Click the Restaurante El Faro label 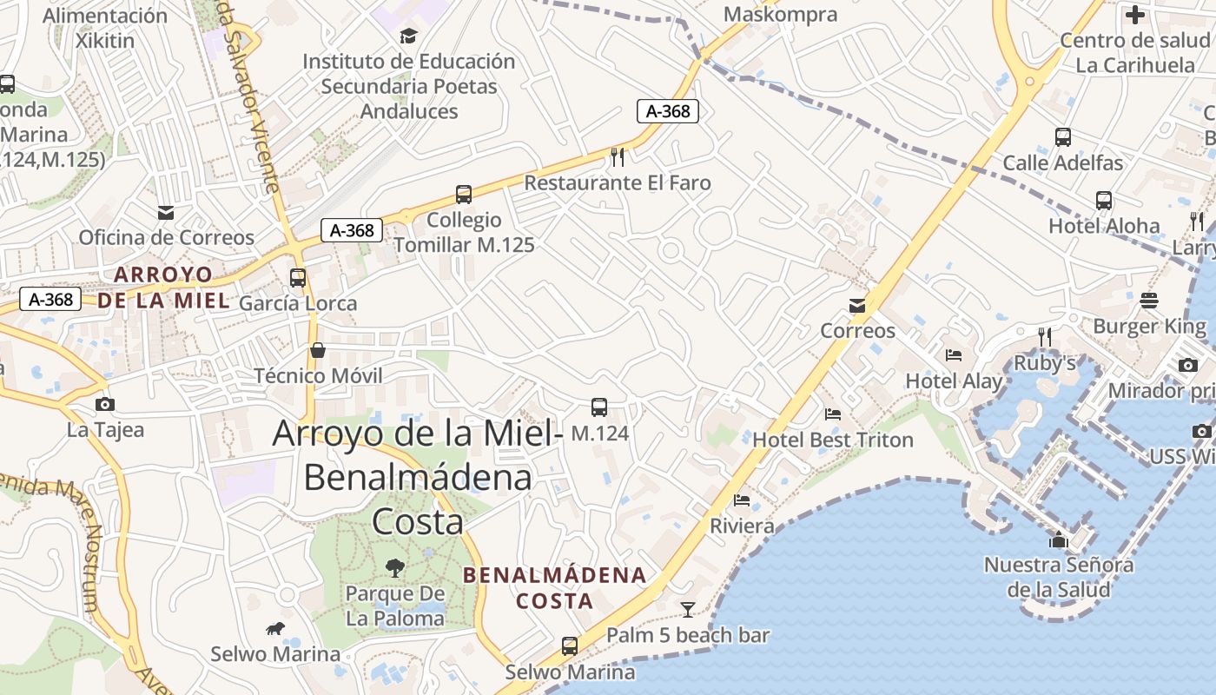coord(618,182)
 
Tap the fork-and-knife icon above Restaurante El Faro coord(618,156)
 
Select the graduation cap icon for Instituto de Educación coord(408,36)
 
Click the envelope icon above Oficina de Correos coord(166,212)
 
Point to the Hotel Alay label coord(954,381)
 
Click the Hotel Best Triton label coord(833,440)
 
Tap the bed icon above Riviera coord(742,500)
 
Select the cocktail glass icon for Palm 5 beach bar coord(688,609)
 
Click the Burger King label coord(1149,327)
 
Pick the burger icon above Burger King coord(1149,301)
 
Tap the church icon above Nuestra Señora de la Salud coord(1058,539)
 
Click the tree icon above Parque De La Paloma coord(395,568)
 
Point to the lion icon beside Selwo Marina coord(275,628)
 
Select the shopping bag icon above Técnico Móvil coord(318,350)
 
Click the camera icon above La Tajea coord(105,404)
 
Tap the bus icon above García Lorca coord(298,278)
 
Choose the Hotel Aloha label coord(1104,226)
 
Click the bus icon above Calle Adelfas coord(1062,137)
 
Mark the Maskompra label coord(780,15)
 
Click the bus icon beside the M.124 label coord(599,407)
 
